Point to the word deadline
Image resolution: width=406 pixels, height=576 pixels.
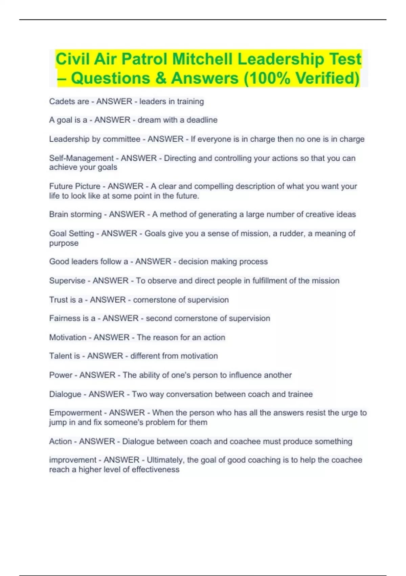coord(202,120)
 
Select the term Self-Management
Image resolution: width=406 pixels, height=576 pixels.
coord(82,158)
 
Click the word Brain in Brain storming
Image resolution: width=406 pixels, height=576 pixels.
coord(59,214)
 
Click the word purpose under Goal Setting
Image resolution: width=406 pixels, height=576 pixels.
coord(64,243)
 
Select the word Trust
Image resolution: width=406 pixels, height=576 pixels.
coord(58,300)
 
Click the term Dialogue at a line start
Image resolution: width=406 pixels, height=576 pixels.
coord(65,394)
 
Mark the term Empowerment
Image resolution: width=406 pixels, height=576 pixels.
coord(75,413)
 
